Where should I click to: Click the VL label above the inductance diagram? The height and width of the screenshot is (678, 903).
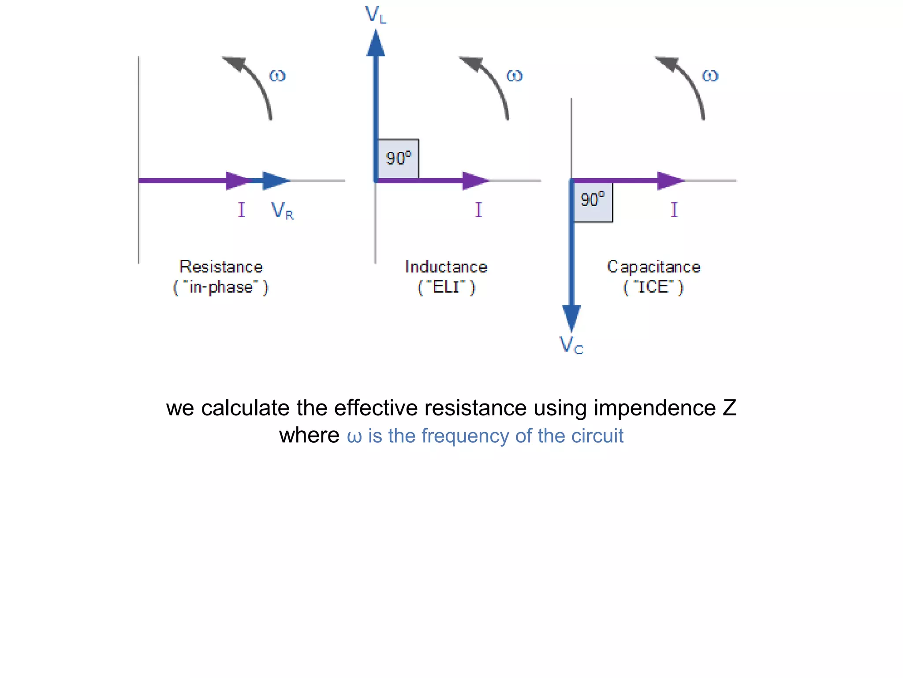(376, 15)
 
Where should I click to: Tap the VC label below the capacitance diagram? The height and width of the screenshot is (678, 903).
(571, 345)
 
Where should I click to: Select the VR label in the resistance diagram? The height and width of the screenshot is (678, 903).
(282, 211)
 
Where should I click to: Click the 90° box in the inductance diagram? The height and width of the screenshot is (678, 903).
(399, 158)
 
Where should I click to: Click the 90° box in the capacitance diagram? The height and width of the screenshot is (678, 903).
(593, 201)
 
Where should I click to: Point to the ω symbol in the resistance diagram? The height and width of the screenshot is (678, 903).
(277, 76)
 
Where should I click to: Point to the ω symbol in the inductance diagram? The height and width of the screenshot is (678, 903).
(515, 76)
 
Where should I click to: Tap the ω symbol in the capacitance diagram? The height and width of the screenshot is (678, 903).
(710, 76)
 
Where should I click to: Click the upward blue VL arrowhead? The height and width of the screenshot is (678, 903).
(376, 44)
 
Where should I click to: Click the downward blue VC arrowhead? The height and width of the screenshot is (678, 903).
(571, 317)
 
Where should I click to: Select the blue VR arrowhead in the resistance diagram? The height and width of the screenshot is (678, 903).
(275, 181)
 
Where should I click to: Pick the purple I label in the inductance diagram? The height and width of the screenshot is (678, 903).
(478, 210)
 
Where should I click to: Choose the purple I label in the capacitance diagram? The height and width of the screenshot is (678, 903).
(674, 210)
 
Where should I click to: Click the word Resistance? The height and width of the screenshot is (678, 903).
(221, 267)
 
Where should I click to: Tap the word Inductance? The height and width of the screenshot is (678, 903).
(446, 267)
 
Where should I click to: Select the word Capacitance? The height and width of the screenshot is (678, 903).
(653, 267)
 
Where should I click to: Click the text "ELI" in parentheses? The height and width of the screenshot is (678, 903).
(446, 287)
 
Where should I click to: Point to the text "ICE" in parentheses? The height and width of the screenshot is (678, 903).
(653, 287)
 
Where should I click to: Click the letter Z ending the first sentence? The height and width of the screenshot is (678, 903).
(729, 408)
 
